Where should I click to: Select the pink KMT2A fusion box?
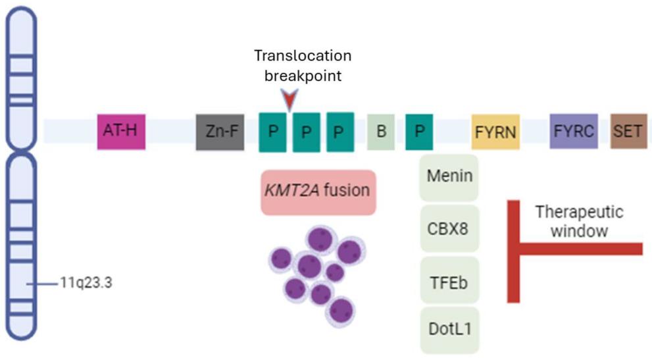(x=318, y=192)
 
